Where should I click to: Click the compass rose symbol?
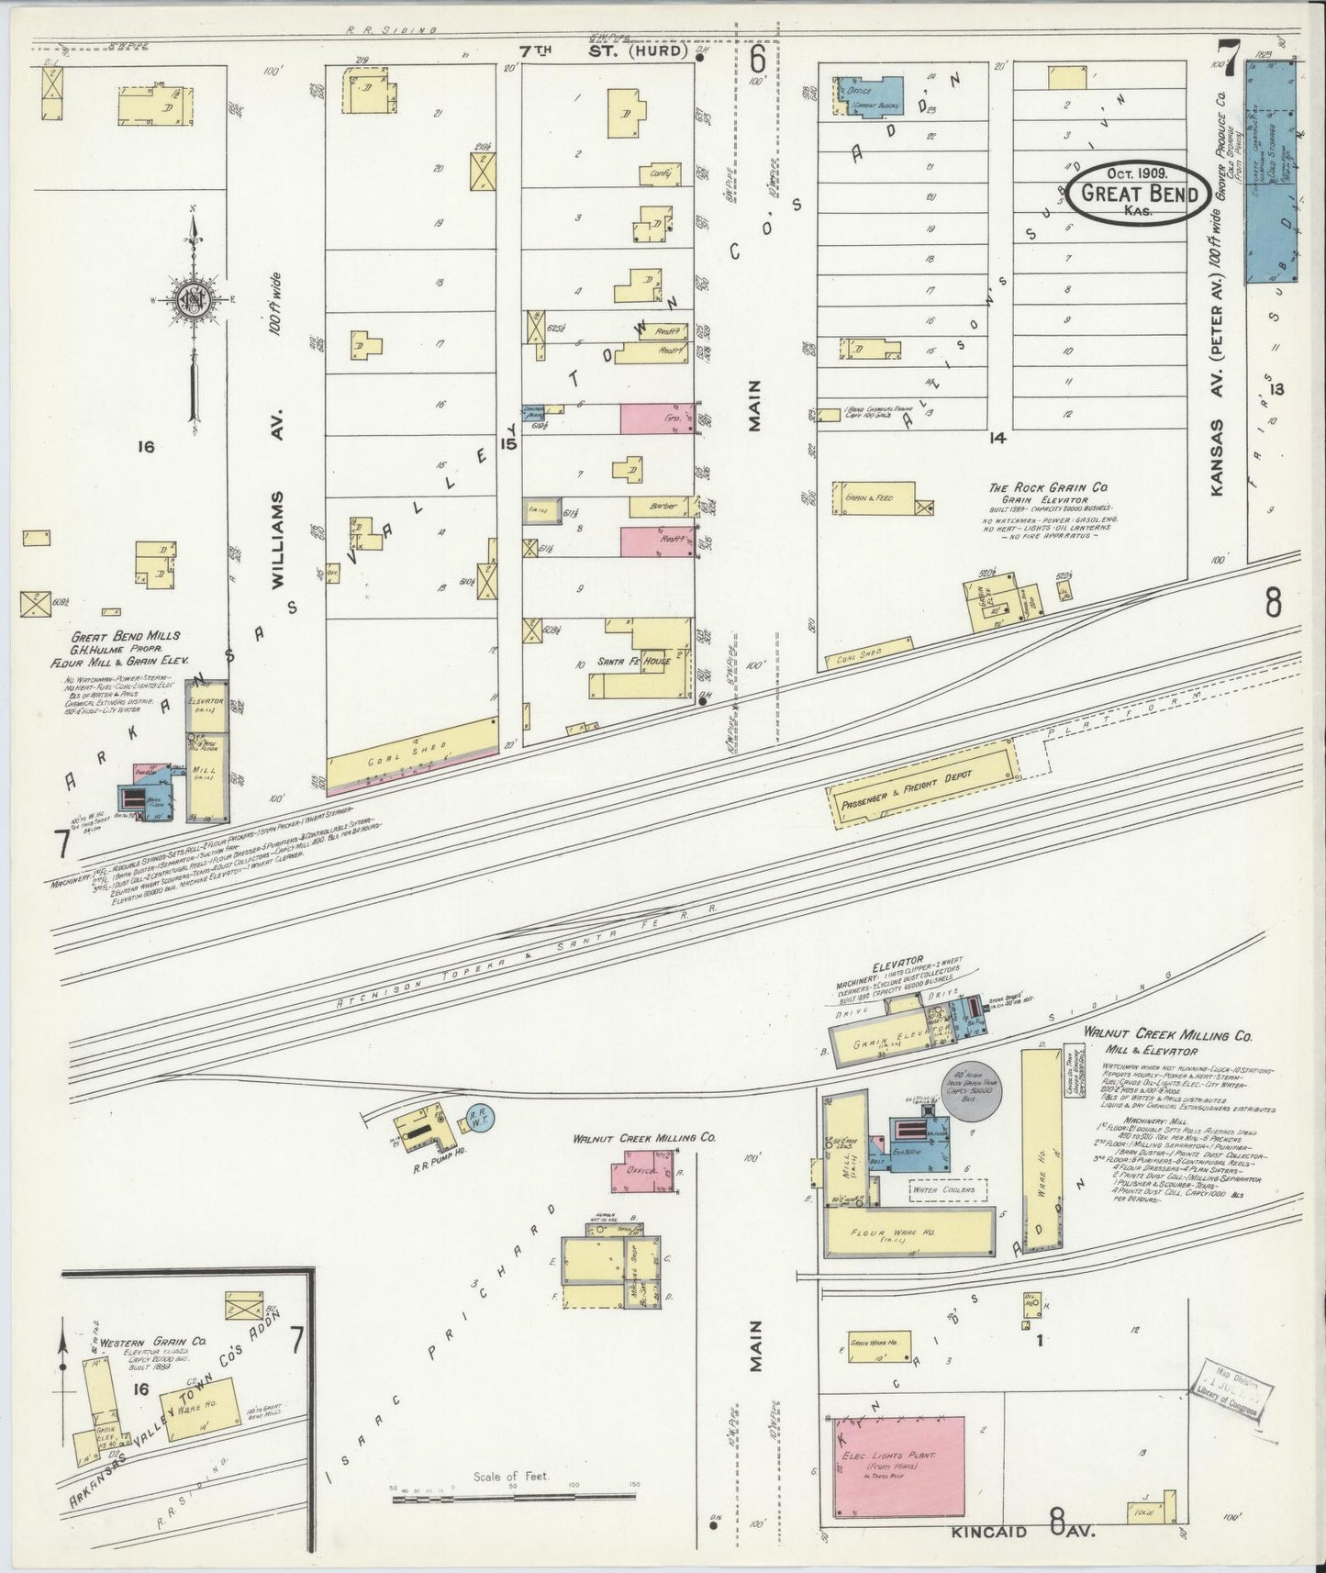pos(194,300)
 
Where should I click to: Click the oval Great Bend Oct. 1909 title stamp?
pos(1139,193)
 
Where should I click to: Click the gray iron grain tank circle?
pos(974,1090)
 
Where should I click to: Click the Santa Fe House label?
pos(633,660)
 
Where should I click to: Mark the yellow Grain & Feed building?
pos(874,498)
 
